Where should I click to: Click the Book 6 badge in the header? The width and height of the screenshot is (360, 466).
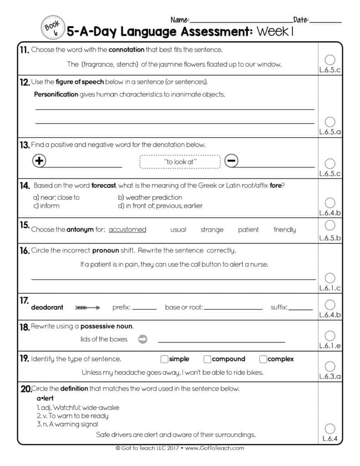(x=52, y=28)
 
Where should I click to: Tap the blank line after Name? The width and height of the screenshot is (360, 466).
(x=241, y=21)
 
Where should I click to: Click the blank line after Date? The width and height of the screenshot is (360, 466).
(x=325, y=21)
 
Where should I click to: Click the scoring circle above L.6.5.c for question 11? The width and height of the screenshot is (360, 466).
(x=330, y=60)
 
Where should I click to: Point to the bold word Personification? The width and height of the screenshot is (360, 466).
(x=56, y=95)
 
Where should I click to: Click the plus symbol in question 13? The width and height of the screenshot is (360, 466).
(x=40, y=161)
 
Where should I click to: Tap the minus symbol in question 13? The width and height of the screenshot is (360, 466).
(x=231, y=161)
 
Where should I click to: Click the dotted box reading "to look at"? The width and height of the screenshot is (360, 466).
(x=180, y=162)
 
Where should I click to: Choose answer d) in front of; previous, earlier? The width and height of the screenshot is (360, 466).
(x=160, y=206)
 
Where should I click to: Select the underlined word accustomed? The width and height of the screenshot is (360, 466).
(x=127, y=230)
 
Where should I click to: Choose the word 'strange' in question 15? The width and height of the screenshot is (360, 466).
(x=212, y=230)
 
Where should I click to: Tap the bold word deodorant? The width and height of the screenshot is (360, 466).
(x=47, y=308)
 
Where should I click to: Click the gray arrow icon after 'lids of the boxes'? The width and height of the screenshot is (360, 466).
(x=142, y=339)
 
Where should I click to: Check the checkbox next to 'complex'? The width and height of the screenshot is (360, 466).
(x=263, y=359)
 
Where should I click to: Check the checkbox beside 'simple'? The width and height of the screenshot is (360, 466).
(x=165, y=359)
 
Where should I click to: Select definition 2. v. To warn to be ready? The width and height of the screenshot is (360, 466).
(x=72, y=416)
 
